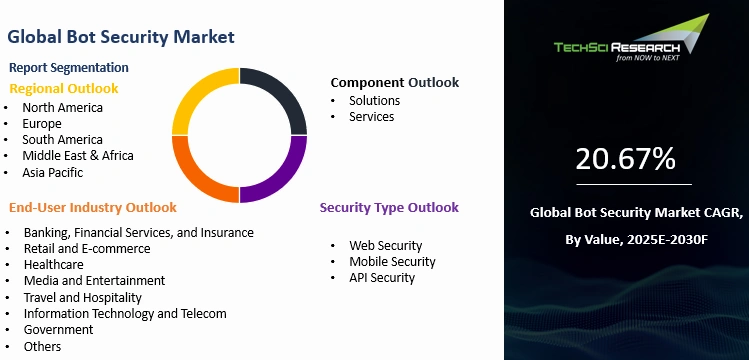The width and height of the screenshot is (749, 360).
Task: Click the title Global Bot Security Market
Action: [x=121, y=37]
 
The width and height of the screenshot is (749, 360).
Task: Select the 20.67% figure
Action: [x=625, y=159]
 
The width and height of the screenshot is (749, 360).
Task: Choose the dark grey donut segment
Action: [x=280, y=100]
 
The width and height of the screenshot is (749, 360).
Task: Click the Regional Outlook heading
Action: [x=64, y=88]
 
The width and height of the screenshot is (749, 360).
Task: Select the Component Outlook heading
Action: [x=395, y=82]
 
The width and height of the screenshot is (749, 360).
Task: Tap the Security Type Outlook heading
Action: [x=389, y=208]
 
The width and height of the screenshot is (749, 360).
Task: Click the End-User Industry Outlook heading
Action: [x=93, y=208]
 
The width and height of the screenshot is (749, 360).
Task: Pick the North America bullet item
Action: [x=64, y=107]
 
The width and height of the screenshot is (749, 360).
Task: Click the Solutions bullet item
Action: [x=374, y=100]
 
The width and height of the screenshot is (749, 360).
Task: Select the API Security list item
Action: [x=381, y=278]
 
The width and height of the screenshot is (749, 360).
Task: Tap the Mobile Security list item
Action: [x=392, y=262]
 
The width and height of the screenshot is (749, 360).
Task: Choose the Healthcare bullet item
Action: [x=55, y=265]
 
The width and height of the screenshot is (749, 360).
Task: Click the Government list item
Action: [x=58, y=330]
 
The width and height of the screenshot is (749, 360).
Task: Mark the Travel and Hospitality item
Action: [x=82, y=297]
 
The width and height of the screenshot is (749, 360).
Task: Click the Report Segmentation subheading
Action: [x=69, y=67]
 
